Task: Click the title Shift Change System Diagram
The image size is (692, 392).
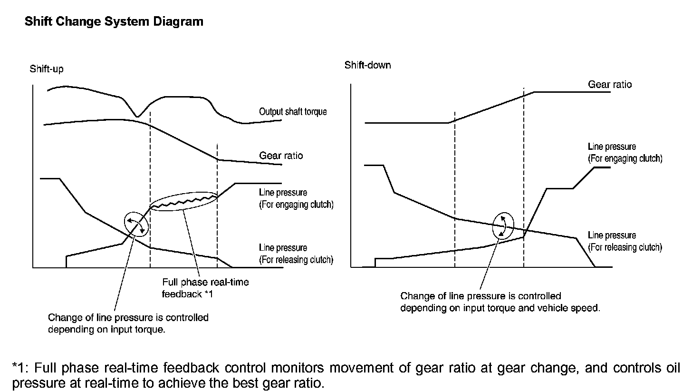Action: (114, 22)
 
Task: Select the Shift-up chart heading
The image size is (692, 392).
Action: (46, 69)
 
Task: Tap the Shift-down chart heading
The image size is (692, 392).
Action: (367, 65)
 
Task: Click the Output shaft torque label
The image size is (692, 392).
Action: (293, 112)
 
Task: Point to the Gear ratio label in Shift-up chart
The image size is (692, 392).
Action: (281, 156)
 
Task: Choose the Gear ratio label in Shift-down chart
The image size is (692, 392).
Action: (610, 85)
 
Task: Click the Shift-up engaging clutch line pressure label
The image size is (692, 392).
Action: (296, 199)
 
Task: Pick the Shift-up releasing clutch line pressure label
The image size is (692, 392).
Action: (296, 254)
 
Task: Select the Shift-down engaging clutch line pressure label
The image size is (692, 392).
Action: (625, 153)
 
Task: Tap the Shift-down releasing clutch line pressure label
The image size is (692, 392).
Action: (625, 241)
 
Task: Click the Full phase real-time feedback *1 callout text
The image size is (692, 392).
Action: (205, 288)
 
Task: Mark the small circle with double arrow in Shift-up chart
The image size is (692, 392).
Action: (136, 224)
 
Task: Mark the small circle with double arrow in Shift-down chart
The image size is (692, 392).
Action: (502, 225)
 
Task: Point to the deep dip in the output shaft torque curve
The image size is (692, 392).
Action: (137, 116)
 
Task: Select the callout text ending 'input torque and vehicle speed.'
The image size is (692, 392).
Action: (500, 302)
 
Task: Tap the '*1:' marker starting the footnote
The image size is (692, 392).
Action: (22, 368)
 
